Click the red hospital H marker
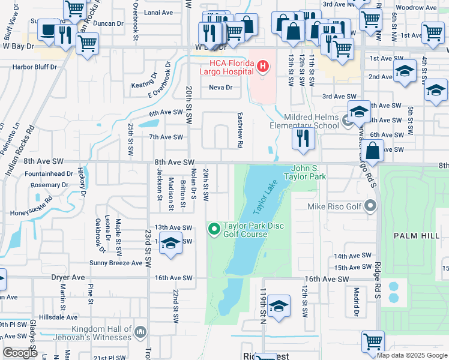[x=262, y=65]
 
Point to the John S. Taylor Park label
[x=309, y=173]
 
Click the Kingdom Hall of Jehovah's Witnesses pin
[x=140, y=331]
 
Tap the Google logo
[x=20, y=353]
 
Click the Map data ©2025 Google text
[x=411, y=355]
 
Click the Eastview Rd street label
[x=240, y=130]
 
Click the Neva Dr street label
[x=220, y=87]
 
